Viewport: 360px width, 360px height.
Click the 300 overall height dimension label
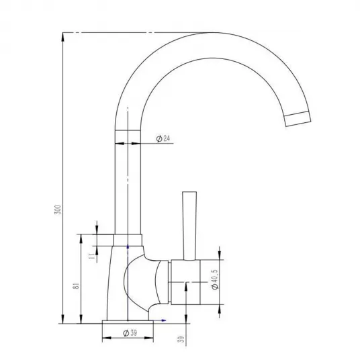pyautogui.click(x=58, y=210)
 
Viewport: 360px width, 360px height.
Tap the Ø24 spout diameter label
pyautogui.click(x=163, y=138)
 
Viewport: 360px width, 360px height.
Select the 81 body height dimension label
pyautogui.click(x=77, y=285)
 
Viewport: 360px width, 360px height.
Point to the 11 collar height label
pyautogui.click(x=92, y=256)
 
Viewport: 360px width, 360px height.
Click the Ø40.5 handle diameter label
pyautogui.click(x=215, y=279)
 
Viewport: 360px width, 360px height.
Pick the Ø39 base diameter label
pyautogui.click(x=130, y=332)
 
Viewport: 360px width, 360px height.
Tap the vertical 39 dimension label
pyautogui.click(x=181, y=339)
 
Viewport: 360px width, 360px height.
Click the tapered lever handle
pyautogui.click(x=189, y=226)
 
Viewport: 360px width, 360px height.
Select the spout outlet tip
pyautogui.click(x=298, y=119)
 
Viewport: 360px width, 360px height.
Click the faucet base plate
pyautogui.click(x=128, y=322)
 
